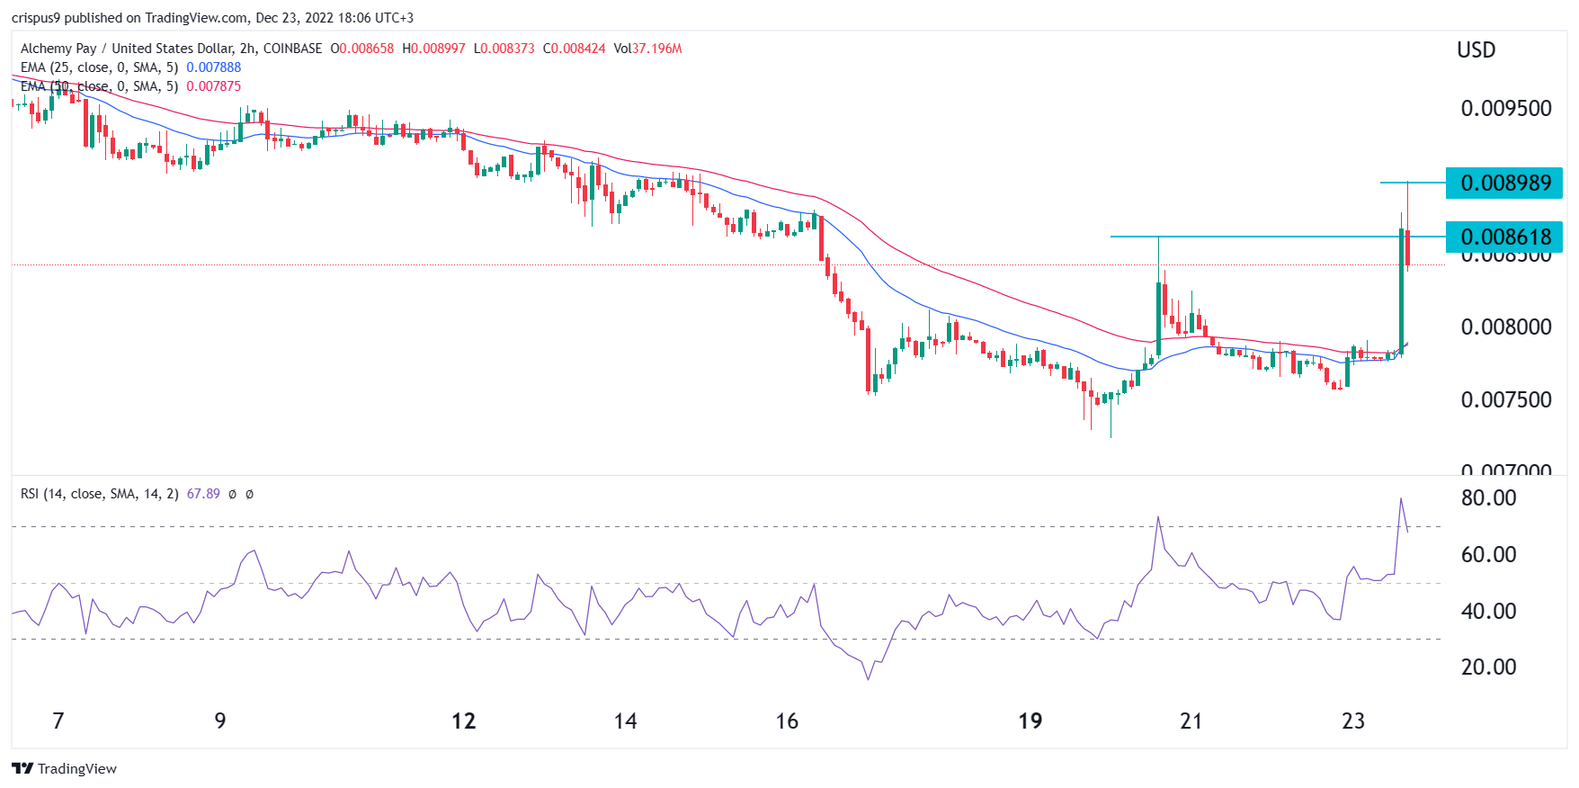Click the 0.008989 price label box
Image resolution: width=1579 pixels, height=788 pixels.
click(1504, 184)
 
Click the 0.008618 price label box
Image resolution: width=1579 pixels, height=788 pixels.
click(1504, 237)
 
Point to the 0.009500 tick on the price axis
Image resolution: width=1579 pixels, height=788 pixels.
click(1506, 109)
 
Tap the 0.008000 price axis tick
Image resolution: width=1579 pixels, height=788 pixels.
click(1506, 327)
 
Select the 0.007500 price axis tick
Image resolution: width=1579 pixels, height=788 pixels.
click(1506, 399)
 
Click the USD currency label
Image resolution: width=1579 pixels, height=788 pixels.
click(1476, 50)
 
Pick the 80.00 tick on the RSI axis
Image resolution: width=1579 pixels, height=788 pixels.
click(1488, 498)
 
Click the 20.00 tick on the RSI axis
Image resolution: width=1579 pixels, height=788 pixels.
click(1488, 667)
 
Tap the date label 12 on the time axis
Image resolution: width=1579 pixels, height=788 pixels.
click(463, 721)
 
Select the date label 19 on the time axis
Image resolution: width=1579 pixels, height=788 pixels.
click(1030, 721)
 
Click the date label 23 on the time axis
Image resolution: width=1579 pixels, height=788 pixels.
click(1352, 721)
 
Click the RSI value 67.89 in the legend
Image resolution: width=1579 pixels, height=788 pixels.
click(203, 494)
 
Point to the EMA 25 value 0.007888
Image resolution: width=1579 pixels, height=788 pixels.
click(213, 67)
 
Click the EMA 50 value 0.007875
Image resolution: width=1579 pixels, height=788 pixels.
click(213, 86)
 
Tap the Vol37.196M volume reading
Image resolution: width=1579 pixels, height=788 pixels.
click(647, 49)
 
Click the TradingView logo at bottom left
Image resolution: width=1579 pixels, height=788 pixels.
click(64, 768)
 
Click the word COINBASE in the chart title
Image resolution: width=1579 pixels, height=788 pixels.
click(292, 49)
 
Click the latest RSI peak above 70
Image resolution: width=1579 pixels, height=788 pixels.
click(1400, 499)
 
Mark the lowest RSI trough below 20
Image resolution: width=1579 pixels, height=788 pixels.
click(868, 678)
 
